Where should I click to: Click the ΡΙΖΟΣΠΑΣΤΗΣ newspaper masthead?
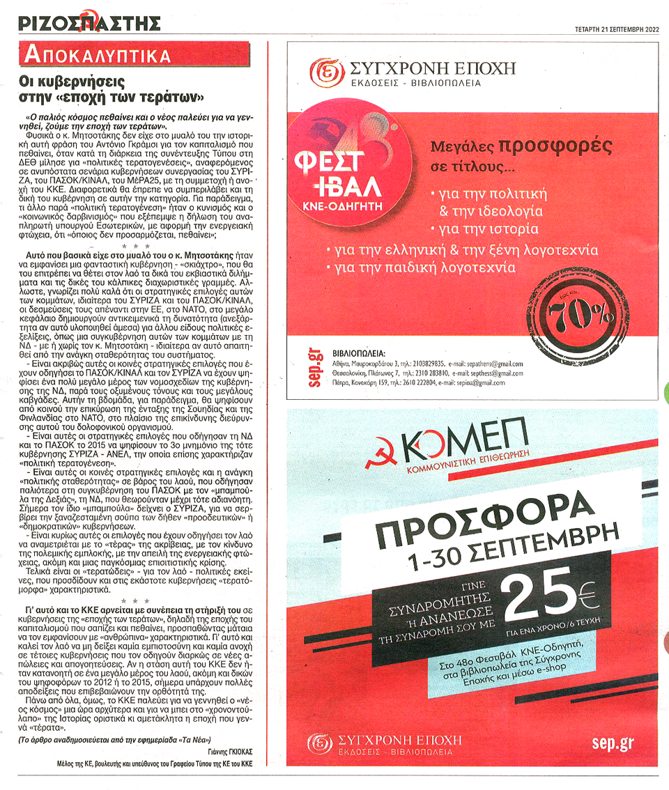click(x=89, y=24)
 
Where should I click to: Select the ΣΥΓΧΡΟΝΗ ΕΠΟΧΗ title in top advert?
click(x=433, y=68)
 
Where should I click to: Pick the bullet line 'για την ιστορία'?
click(x=484, y=229)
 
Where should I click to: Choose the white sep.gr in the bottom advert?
click(x=613, y=743)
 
